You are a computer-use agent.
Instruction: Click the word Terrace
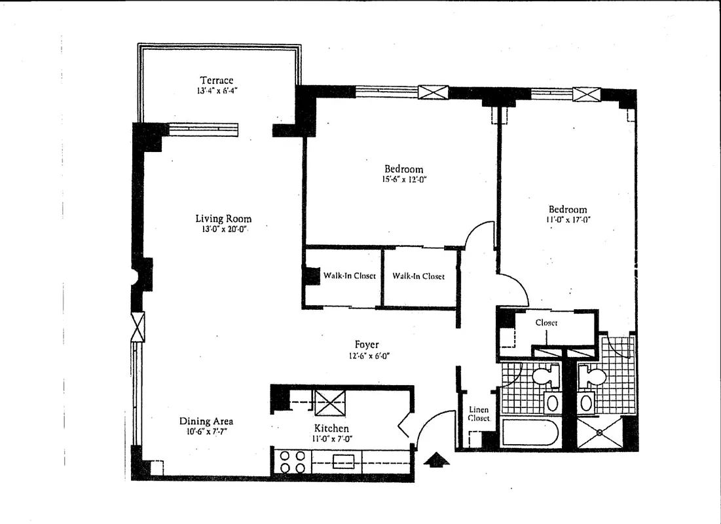click(x=216, y=80)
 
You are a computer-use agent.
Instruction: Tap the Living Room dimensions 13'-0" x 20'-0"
click(x=223, y=229)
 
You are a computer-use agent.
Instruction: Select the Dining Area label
click(x=206, y=421)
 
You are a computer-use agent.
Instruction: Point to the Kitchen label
click(x=331, y=428)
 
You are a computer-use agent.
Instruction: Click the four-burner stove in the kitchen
click(x=291, y=460)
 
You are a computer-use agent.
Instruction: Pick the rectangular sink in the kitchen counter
click(x=343, y=461)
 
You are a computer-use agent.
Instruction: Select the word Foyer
click(x=367, y=345)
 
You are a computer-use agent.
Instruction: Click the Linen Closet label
click(x=479, y=414)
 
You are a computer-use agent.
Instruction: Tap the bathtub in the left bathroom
click(x=530, y=434)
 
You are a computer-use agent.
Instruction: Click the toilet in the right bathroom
click(x=594, y=377)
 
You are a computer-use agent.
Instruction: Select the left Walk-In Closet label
click(x=349, y=276)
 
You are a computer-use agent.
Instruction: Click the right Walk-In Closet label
click(x=418, y=276)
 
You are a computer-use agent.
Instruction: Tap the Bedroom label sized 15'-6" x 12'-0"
click(x=403, y=169)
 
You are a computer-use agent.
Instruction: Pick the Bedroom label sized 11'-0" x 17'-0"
click(x=568, y=210)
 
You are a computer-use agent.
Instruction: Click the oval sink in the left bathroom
click(x=552, y=402)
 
